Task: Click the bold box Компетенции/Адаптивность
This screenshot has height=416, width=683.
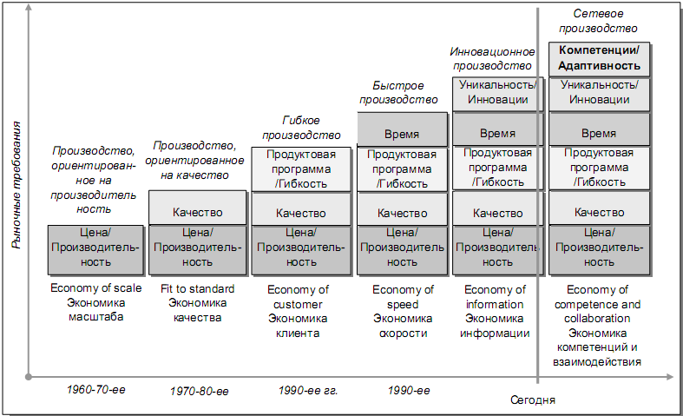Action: (x=600, y=58)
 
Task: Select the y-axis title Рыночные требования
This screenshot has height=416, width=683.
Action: (x=16, y=186)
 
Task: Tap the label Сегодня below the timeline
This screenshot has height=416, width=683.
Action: (x=532, y=400)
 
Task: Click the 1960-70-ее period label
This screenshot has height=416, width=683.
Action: (x=96, y=389)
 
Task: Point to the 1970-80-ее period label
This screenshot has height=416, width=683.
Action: (x=199, y=391)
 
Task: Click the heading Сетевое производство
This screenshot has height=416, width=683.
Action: (x=600, y=21)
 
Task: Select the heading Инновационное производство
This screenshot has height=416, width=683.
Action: (x=490, y=58)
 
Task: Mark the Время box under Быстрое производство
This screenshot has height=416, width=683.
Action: (x=402, y=134)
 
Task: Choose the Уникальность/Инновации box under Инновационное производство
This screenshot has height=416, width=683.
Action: (x=497, y=93)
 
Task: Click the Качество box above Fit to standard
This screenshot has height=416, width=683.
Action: (x=198, y=212)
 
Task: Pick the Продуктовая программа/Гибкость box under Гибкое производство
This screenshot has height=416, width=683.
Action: (x=300, y=168)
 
